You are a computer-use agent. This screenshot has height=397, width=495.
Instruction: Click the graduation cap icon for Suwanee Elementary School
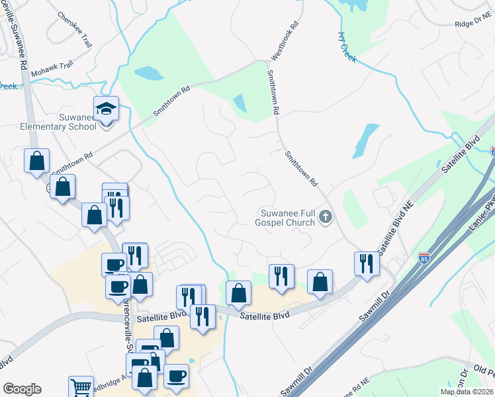[x=106, y=108]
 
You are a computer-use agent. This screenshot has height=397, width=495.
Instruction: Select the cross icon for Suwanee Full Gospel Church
[x=325, y=216]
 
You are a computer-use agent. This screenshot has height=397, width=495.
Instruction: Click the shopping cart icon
[x=81, y=387]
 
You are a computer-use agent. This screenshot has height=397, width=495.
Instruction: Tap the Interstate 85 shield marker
[x=424, y=258]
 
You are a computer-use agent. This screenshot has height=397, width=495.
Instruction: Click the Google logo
[x=22, y=389]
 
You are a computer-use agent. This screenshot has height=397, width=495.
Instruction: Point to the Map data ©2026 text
[x=467, y=392]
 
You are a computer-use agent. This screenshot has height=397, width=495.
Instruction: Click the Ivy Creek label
[x=347, y=47]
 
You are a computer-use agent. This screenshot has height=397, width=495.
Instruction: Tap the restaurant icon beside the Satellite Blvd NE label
[x=366, y=263]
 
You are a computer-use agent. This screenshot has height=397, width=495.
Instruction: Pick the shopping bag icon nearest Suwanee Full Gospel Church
[x=320, y=281]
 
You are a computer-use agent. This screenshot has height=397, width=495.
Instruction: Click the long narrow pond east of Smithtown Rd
[x=363, y=140]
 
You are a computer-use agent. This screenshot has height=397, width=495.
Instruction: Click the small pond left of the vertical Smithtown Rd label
[x=240, y=103]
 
